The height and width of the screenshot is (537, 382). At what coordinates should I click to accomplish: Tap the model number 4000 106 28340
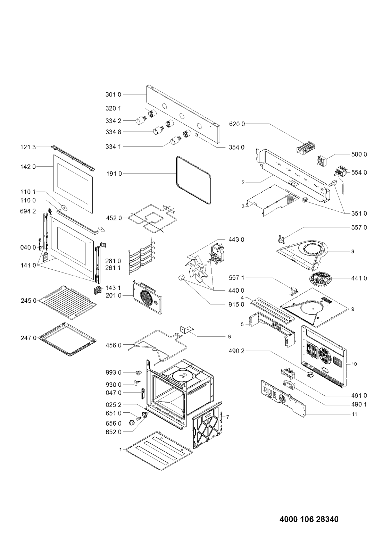point(309,519)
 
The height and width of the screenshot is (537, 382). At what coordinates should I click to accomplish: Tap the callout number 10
point(354,364)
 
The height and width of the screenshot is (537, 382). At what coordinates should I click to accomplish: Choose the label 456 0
point(114,345)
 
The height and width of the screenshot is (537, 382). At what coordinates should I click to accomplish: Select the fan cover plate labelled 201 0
point(147,297)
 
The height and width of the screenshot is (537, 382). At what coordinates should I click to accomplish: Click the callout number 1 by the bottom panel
point(121,450)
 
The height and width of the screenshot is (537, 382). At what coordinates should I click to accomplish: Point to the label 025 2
point(114,405)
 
